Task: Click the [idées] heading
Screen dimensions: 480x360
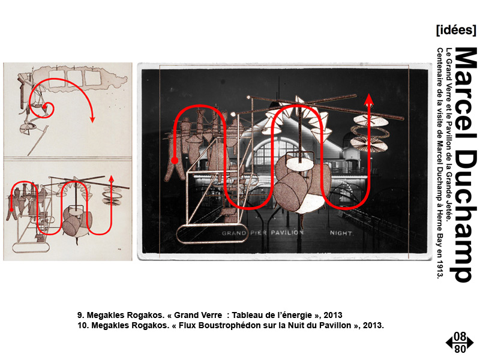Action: point(456,30)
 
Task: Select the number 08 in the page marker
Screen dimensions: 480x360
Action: point(460,337)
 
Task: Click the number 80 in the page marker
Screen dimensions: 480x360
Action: point(460,349)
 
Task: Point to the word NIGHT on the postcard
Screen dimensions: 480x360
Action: point(341,233)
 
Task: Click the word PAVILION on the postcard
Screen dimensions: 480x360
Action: point(287,233)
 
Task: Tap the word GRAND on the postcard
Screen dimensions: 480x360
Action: point(234,233)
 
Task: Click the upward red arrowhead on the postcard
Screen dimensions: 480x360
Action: point(369,100)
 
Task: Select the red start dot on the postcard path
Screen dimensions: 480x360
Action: point(175,160)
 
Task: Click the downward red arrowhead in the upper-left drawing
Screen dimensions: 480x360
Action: point(92,119)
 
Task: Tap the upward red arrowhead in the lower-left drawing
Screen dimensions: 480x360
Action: point(112,179)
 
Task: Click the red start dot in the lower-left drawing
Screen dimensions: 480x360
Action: point(11,209)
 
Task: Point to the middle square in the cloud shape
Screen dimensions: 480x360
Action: point(74,78)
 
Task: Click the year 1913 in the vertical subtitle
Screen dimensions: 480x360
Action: point(440,271)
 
